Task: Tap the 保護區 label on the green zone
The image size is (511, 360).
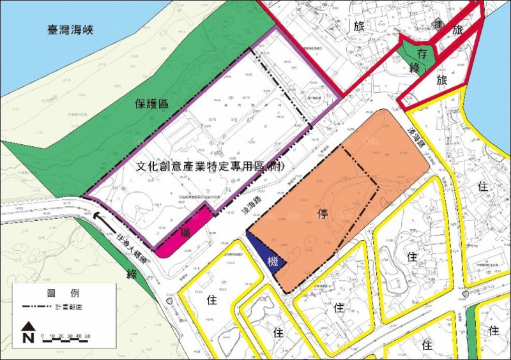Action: [x=151, y=104]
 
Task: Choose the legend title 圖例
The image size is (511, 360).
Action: [x=63, y=293]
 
